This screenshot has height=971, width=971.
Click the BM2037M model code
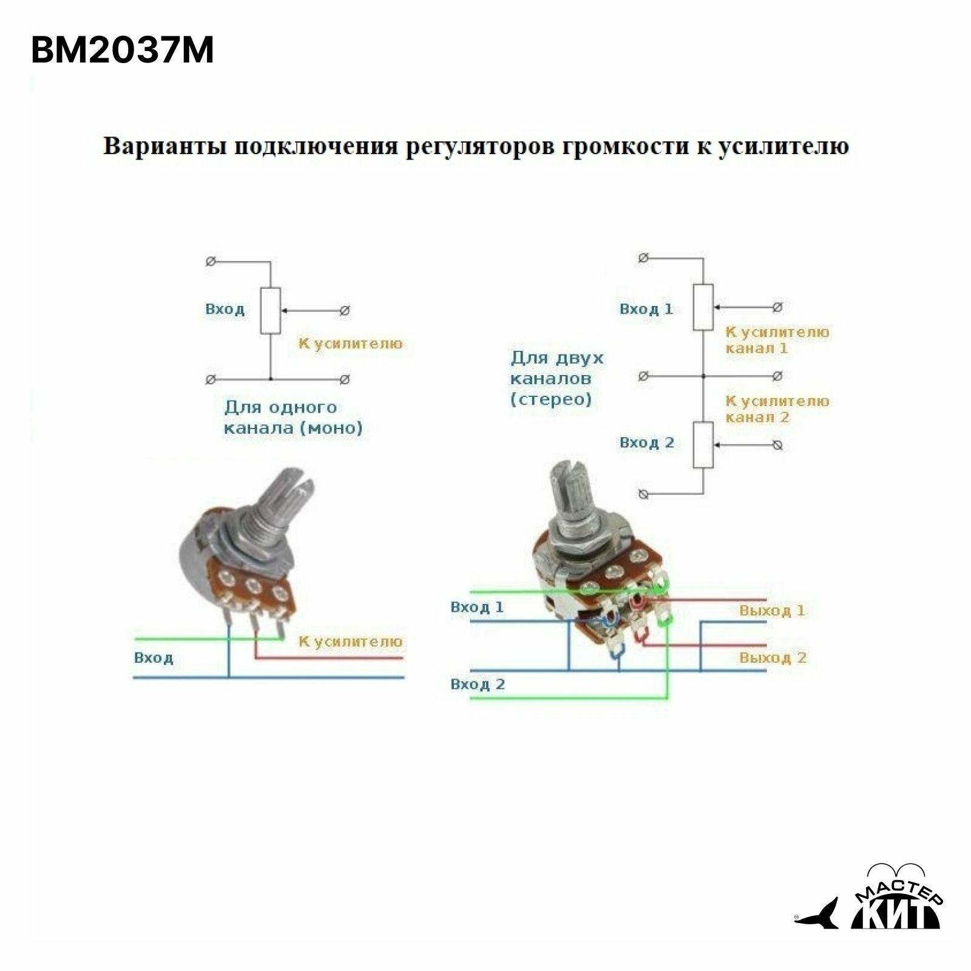[122, 51]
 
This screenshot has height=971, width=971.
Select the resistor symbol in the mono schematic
[271, 311]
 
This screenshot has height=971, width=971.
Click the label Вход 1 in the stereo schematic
[646, 309]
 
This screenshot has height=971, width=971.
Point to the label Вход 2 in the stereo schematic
[646, 442]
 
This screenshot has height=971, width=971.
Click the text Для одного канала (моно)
[293, 418]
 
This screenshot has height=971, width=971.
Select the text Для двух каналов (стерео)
[557, 379]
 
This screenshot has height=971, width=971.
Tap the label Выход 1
[772, 611]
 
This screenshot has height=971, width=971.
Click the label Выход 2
[773, 658]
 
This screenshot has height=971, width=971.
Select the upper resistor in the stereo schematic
[703, 307]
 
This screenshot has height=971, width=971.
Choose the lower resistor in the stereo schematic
[703, 445]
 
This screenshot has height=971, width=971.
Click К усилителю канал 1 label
[777, 340]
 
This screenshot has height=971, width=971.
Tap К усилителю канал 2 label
[777, 409]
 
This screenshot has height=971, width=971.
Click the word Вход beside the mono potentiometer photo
[154, 658]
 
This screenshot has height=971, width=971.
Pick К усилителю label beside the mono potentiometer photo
[350, 641]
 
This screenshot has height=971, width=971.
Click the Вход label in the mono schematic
[225, 310]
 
